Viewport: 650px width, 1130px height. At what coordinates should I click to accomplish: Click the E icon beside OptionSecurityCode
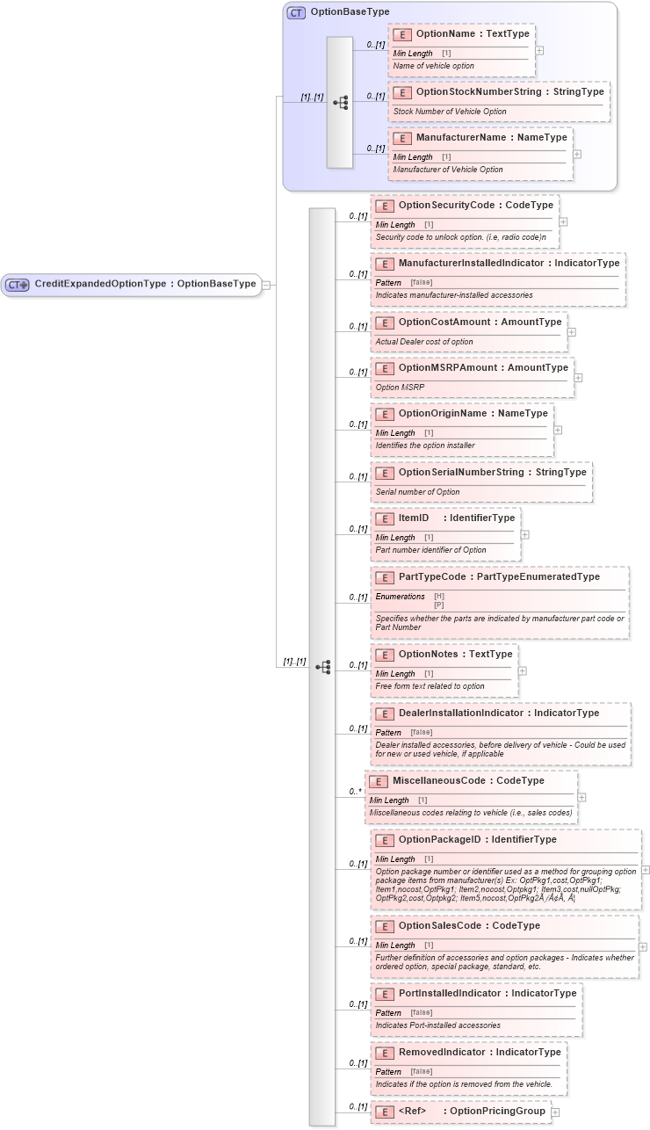384,206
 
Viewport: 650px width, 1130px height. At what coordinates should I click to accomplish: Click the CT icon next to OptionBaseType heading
297,13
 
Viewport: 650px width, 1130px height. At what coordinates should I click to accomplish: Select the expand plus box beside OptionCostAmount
572,332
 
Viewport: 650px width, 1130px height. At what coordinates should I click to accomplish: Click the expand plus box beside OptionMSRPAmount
578,378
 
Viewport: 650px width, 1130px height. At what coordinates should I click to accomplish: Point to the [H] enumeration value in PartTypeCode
439,597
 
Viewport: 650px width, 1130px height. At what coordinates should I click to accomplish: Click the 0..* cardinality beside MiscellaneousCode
355,792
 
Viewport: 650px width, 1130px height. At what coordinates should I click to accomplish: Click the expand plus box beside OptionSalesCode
643,946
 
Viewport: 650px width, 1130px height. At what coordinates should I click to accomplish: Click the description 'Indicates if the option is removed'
464,1084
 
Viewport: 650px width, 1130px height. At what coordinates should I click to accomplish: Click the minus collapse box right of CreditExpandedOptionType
266,284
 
